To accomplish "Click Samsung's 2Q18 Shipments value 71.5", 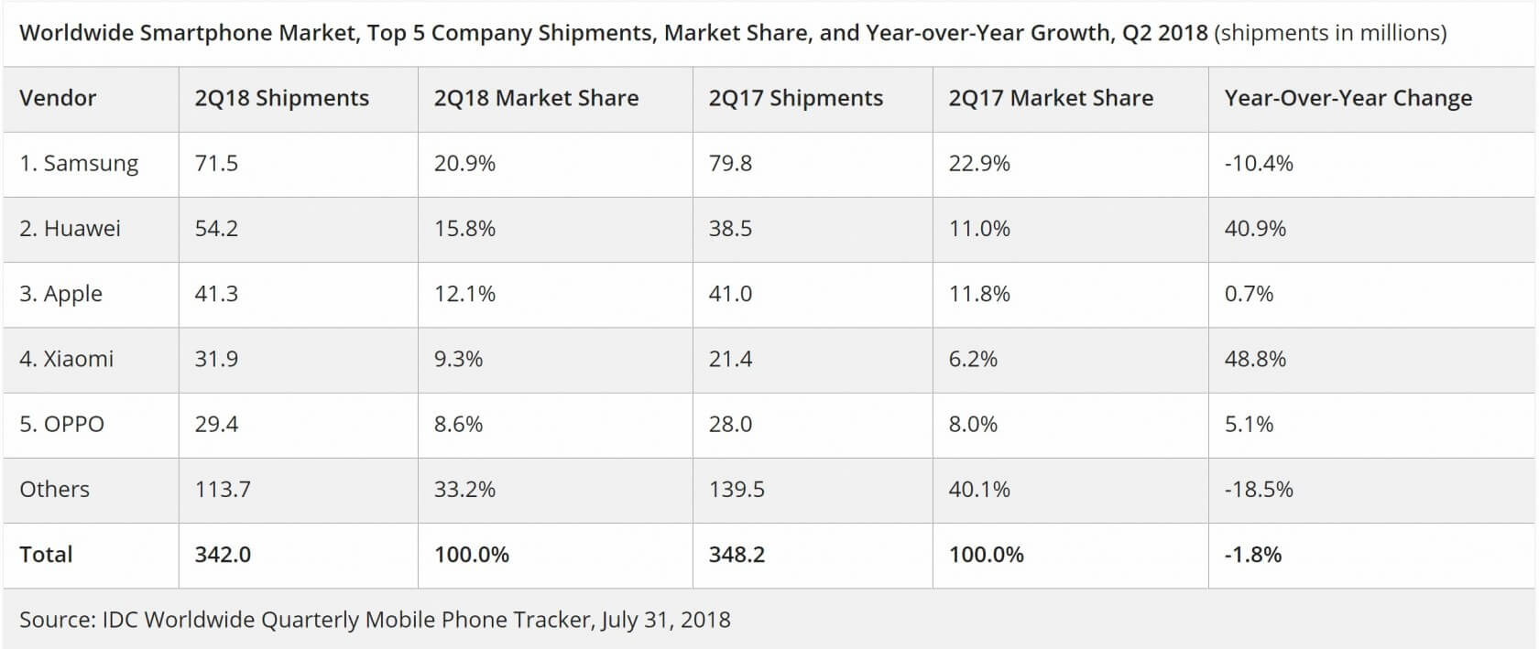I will pyautogui.click(x=216, y=164).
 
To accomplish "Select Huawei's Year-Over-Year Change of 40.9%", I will pyautogui.click(x=1255, y=229).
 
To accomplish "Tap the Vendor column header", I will pyautogui.click(x=58, y=98).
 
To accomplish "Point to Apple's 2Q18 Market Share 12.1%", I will pyautogui.click(x=464, y=294).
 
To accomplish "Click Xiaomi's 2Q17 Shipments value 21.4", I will pyautogui.click(x=730, y=359).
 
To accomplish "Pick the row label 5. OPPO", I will pyautogui.click(x=61, y=424).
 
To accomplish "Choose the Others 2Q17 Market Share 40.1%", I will pyautogui.click(x=979, y=490).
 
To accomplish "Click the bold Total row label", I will pyautogui.click(x=46, y=555).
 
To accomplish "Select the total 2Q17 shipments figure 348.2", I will pyautogui.click(x=737, y=555).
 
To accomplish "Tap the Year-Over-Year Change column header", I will pyautogui.click(x=1348, y=98).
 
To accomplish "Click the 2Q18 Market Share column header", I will pyautogui.click(x=536, y=98).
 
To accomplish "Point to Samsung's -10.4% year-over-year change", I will pyautogui.click(x=1259, y=164).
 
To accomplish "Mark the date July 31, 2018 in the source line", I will pyautogui.click(x=666, y=620).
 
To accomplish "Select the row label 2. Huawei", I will pyautogui.click(x=70, y=229).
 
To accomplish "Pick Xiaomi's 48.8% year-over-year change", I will pyautogui.click(x=1255, y=359).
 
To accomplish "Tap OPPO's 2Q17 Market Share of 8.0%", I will pyautogui.click(x=973, y=424).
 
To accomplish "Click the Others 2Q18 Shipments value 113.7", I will pyautogui.click(x=223, y=490).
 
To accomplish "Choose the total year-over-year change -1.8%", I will pyautogui.click(x=1253, y=555).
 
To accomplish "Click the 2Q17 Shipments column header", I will pyautogui.click(x=795, y=98).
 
